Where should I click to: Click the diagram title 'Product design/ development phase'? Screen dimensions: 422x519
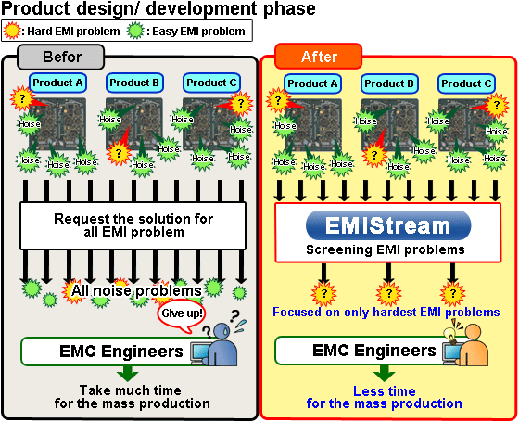(158, 9)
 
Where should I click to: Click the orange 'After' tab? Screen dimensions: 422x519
(318, 57)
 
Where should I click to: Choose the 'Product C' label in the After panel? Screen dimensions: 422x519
(466, 83)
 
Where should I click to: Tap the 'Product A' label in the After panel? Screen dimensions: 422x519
(313, 83)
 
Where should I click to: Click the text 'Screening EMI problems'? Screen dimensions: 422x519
(385, 249)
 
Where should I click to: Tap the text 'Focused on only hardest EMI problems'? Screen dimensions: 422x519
(385, 312)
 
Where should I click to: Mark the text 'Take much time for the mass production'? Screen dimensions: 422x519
(131, 396)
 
